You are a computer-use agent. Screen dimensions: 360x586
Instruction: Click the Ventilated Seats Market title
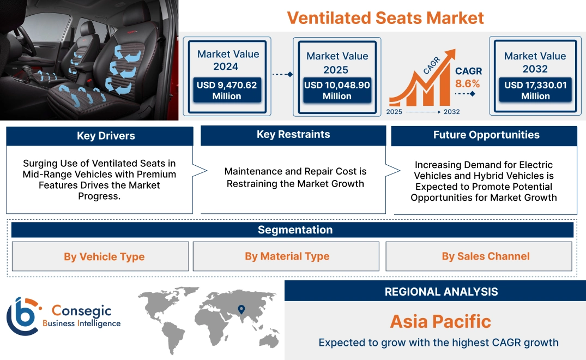[x=385, y=17]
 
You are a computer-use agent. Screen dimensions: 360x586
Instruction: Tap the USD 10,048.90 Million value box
[x=337, y=91]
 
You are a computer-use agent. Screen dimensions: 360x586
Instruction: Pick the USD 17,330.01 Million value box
[x=535, y=91]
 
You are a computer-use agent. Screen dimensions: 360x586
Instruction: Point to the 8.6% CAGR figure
[x=468, y=83]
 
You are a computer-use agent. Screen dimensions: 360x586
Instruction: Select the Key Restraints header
[x=293, y=135]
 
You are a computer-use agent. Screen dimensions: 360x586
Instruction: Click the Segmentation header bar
[x=295, y=230]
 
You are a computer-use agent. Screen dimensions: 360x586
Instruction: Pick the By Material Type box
[x=287, y=256]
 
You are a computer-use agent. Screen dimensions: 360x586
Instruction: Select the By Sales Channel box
[x=485, y=256]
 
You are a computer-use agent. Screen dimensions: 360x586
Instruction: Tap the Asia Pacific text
[x=440, y=321]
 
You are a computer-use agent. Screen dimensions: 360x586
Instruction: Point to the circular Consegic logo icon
[x=22, y=316]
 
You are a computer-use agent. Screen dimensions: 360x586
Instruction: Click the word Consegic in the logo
[x=82, y=311]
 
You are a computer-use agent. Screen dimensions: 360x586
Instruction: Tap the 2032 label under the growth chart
[x=452, y=112]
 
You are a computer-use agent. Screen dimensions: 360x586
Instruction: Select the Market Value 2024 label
[x=228, y=60]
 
